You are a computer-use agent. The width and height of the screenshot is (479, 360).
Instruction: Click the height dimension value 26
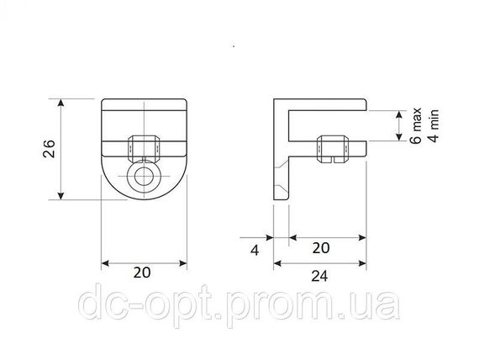[49, 149]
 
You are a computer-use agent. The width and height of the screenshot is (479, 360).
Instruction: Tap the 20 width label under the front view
[142, 273]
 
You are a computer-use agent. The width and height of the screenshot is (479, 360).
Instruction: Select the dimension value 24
[319, 276]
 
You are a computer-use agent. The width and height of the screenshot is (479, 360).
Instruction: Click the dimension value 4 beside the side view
[255, 250]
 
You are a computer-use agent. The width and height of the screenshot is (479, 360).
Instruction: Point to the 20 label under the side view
[321, 248]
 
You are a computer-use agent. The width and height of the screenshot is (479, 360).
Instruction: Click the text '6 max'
[416, 125]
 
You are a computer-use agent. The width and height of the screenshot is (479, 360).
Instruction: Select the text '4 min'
[434, 125]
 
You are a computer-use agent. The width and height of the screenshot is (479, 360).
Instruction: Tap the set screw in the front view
[143, 149]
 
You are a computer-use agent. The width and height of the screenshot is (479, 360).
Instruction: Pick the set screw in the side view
[333, 149]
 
